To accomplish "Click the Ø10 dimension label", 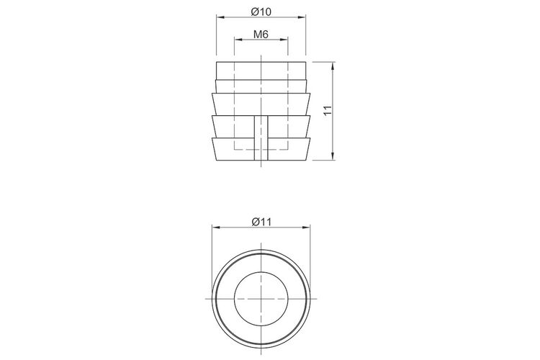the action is tap(261, 12).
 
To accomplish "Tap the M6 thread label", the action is tap(261, 34).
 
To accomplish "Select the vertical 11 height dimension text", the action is tap(328, 110).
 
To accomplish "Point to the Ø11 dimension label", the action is tap(261, 222).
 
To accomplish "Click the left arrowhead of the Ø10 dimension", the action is tap(220, 17).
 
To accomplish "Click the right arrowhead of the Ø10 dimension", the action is tap(302, 17).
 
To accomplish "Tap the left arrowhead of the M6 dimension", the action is tap(238, 40).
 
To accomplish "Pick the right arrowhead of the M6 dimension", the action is tap(284, 40).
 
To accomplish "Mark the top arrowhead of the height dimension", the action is tap(333, 66).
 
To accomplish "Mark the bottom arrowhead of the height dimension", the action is tap(333, 156).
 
